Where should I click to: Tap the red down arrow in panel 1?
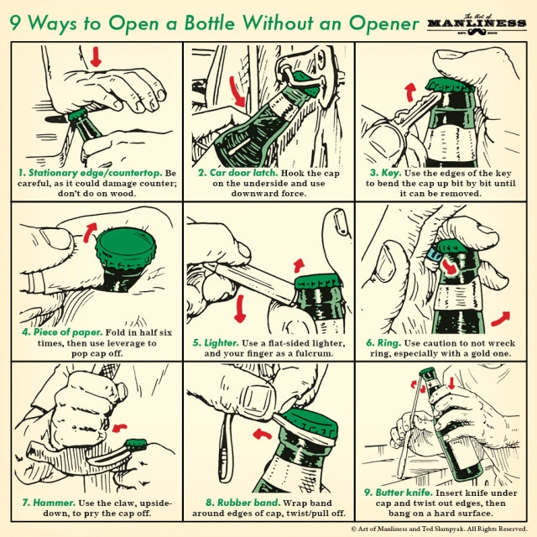coord(96,56)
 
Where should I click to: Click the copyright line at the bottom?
coord(431,529)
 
